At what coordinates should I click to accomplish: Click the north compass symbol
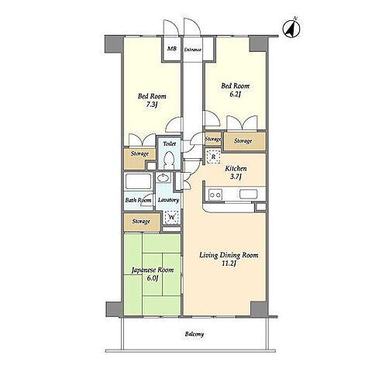click(x=291, y=28)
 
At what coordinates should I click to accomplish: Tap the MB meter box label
click(x=172, y=48)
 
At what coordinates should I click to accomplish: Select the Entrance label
click(x=193, y=50)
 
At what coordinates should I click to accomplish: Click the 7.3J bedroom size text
click(x=152, y=105)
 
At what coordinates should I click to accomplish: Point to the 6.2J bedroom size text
click(x=235, y=95)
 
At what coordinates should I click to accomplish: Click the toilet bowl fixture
click(x=169, y=158)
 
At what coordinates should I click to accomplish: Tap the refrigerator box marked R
click(x=213, y=157)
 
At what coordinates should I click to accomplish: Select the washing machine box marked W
click(x=171, y=217)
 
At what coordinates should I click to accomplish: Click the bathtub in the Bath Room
click(x=138, y=181)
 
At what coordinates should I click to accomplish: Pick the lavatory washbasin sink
click(x=163, y=177)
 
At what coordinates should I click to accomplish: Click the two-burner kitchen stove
click(x=215, y=195)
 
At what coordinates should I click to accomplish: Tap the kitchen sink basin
click(x=248, y=195)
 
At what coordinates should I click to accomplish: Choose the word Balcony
click(x=195, y=334)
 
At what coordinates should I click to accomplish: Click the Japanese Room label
click(x=153, y=270)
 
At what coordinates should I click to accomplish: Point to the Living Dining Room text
click(x=229, y=255)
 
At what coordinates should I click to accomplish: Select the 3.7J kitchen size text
click(x=236, y=177)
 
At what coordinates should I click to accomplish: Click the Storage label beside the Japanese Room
click(x=141, y=222)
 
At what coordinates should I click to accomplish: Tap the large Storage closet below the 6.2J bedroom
click(x=244, y=141)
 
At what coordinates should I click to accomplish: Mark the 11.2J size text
click(x=229, y=263)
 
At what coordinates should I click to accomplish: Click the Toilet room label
click(x=169, y=143)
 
